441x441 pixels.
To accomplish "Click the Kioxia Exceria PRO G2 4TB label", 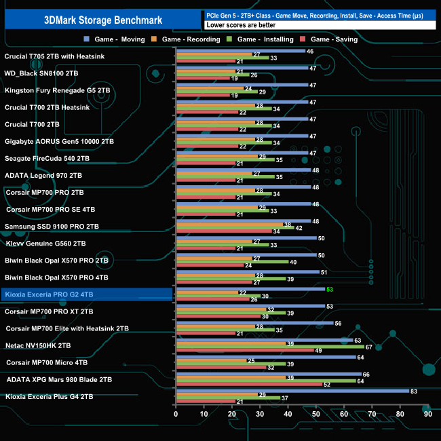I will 50,294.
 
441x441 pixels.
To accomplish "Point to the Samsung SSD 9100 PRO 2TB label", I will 52,226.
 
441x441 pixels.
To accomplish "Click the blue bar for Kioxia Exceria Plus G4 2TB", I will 292,391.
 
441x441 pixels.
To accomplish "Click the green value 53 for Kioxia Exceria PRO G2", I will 330,290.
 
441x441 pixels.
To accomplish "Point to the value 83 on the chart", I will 414,391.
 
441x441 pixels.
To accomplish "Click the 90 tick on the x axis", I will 427,414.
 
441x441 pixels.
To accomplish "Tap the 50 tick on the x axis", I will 315,414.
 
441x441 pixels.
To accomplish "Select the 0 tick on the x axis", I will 176,414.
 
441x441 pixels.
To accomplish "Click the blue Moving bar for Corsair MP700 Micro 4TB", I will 265,357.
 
